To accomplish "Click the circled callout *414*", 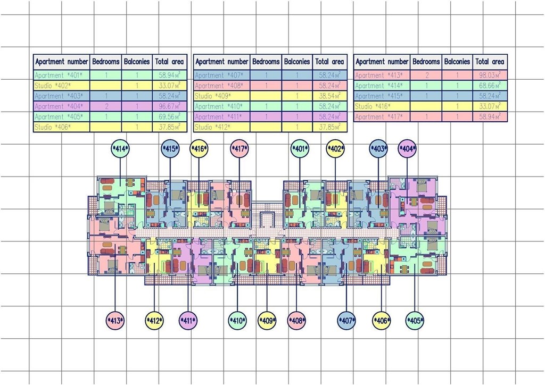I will point(120,149).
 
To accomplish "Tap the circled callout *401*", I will point(300,149).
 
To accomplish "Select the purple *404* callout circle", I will point(407,149).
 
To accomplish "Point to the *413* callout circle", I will point(115,321).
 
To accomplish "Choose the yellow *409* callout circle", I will point(267,321).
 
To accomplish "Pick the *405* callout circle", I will point(415,321).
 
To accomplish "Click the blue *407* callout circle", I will point(346,321).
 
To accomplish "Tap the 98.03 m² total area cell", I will point(490,76).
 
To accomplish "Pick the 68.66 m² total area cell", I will point(490,86).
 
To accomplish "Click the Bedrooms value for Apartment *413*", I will point(426,76).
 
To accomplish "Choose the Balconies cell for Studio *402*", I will point(137,86).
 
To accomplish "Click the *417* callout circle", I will point(239,149).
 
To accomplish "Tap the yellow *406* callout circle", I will point(381,321).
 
